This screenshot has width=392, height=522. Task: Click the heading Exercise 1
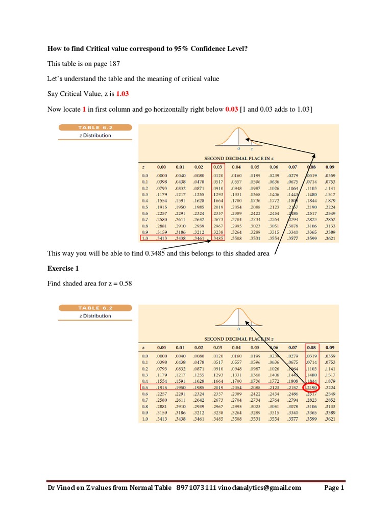64,268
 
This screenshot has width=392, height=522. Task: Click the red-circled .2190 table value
312,387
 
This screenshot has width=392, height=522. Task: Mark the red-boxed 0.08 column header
312,347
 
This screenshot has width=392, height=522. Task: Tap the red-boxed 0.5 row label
145,387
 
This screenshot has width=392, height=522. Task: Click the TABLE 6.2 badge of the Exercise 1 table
95,308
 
